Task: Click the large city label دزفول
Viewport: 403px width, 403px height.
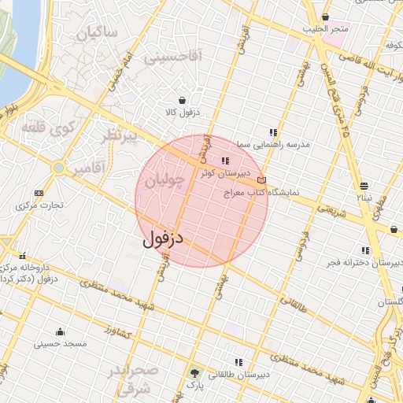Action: click(163, 238)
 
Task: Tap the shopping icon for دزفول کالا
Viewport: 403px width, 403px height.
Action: click(183, 100)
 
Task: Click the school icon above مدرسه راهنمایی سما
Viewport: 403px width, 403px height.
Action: click(273, 133)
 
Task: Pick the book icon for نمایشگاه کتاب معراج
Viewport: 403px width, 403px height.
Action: click(261, 180)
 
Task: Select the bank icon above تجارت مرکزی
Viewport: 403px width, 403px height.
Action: click(39, 193)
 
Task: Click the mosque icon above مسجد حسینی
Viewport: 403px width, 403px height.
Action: click(61, 331)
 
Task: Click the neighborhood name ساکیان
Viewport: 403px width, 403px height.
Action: click(99, 32)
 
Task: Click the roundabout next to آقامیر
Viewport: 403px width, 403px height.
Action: click(58, 168)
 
